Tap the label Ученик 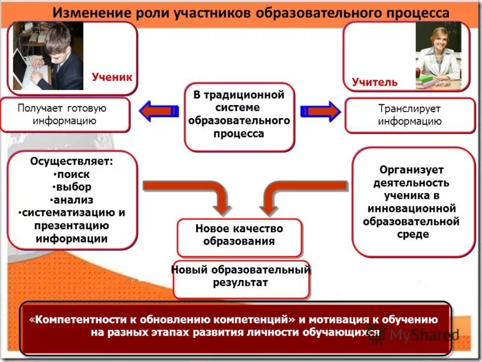point(111,77)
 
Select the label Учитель point(375,81)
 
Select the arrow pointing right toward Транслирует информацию point(320,112)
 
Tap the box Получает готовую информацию point(65,115)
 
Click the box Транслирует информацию point(410,115)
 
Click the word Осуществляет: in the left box point(71,161)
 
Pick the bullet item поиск point(73,174)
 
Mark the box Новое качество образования point(239,235)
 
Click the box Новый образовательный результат point(240,276)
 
